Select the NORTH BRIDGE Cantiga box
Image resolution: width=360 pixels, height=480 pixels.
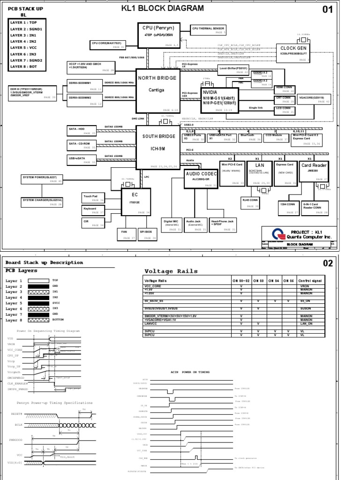click(x=157, y=90)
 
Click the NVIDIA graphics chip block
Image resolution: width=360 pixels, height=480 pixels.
click(x=219, y=100)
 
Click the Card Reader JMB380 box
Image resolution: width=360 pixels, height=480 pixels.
click(x=314, y=172)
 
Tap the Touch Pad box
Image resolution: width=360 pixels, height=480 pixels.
click(x=93, y=198)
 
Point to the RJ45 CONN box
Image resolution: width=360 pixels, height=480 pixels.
click(x=251, y=202)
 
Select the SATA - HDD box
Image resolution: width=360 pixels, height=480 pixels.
click(x=82, y=130)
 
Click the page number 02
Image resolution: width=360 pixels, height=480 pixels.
click(x=328, y=263)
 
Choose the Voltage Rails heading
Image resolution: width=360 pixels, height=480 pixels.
click(x=171, y=271)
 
